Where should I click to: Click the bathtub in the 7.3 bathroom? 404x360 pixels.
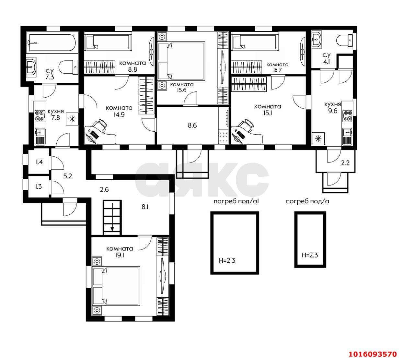tap(52, 42)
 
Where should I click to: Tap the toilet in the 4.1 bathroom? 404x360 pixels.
tap(345, 41)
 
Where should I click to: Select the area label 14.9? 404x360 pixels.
tap(119, 114)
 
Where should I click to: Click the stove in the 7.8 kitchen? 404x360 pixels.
tap(40, 116)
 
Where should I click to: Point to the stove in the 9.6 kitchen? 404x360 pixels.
tap(347, 116)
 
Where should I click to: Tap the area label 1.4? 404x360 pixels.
tap(39, 162)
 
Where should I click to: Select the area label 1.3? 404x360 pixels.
tap(39, 186)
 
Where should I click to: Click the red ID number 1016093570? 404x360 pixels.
tap(373, 354)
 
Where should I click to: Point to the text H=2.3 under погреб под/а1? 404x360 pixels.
tap(227, 260)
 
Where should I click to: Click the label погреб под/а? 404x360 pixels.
tap(307, 201)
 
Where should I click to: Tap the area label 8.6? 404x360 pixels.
tap(192, 126)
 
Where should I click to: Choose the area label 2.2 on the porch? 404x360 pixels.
tap(345, 163)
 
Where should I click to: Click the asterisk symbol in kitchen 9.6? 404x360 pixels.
tap(318, 138)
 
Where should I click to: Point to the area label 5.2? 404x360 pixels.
tap(68, 176)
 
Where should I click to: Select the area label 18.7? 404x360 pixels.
tap(277, 70)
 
